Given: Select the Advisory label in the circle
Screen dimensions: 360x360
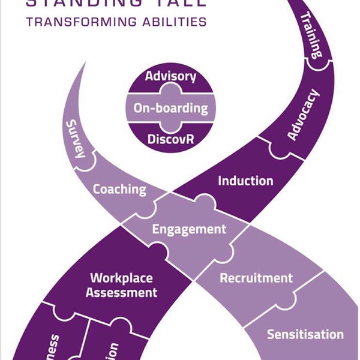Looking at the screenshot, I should [x=171, y=77].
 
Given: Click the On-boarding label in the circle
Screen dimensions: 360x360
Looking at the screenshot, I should [x=171, y=109].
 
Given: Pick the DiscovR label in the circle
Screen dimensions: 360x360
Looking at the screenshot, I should [x=170, y=140].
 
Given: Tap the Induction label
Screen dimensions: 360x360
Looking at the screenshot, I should [x=245, y=181].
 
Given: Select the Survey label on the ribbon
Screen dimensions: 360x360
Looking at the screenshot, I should [x=74, y=138].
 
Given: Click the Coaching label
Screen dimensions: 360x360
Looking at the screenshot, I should [x=119, y=189].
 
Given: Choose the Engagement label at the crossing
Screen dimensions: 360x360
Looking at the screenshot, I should [x=189, y=229].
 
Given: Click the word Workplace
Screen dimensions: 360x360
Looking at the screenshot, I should [x=121, y=278].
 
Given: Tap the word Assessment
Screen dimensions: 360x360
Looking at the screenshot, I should [x=121, y=293].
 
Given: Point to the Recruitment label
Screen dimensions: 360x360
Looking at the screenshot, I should [x=256, y=278].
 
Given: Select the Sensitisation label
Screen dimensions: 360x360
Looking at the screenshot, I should [x=305, y=334].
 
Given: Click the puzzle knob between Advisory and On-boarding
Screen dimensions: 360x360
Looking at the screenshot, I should [x=171, y=91].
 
